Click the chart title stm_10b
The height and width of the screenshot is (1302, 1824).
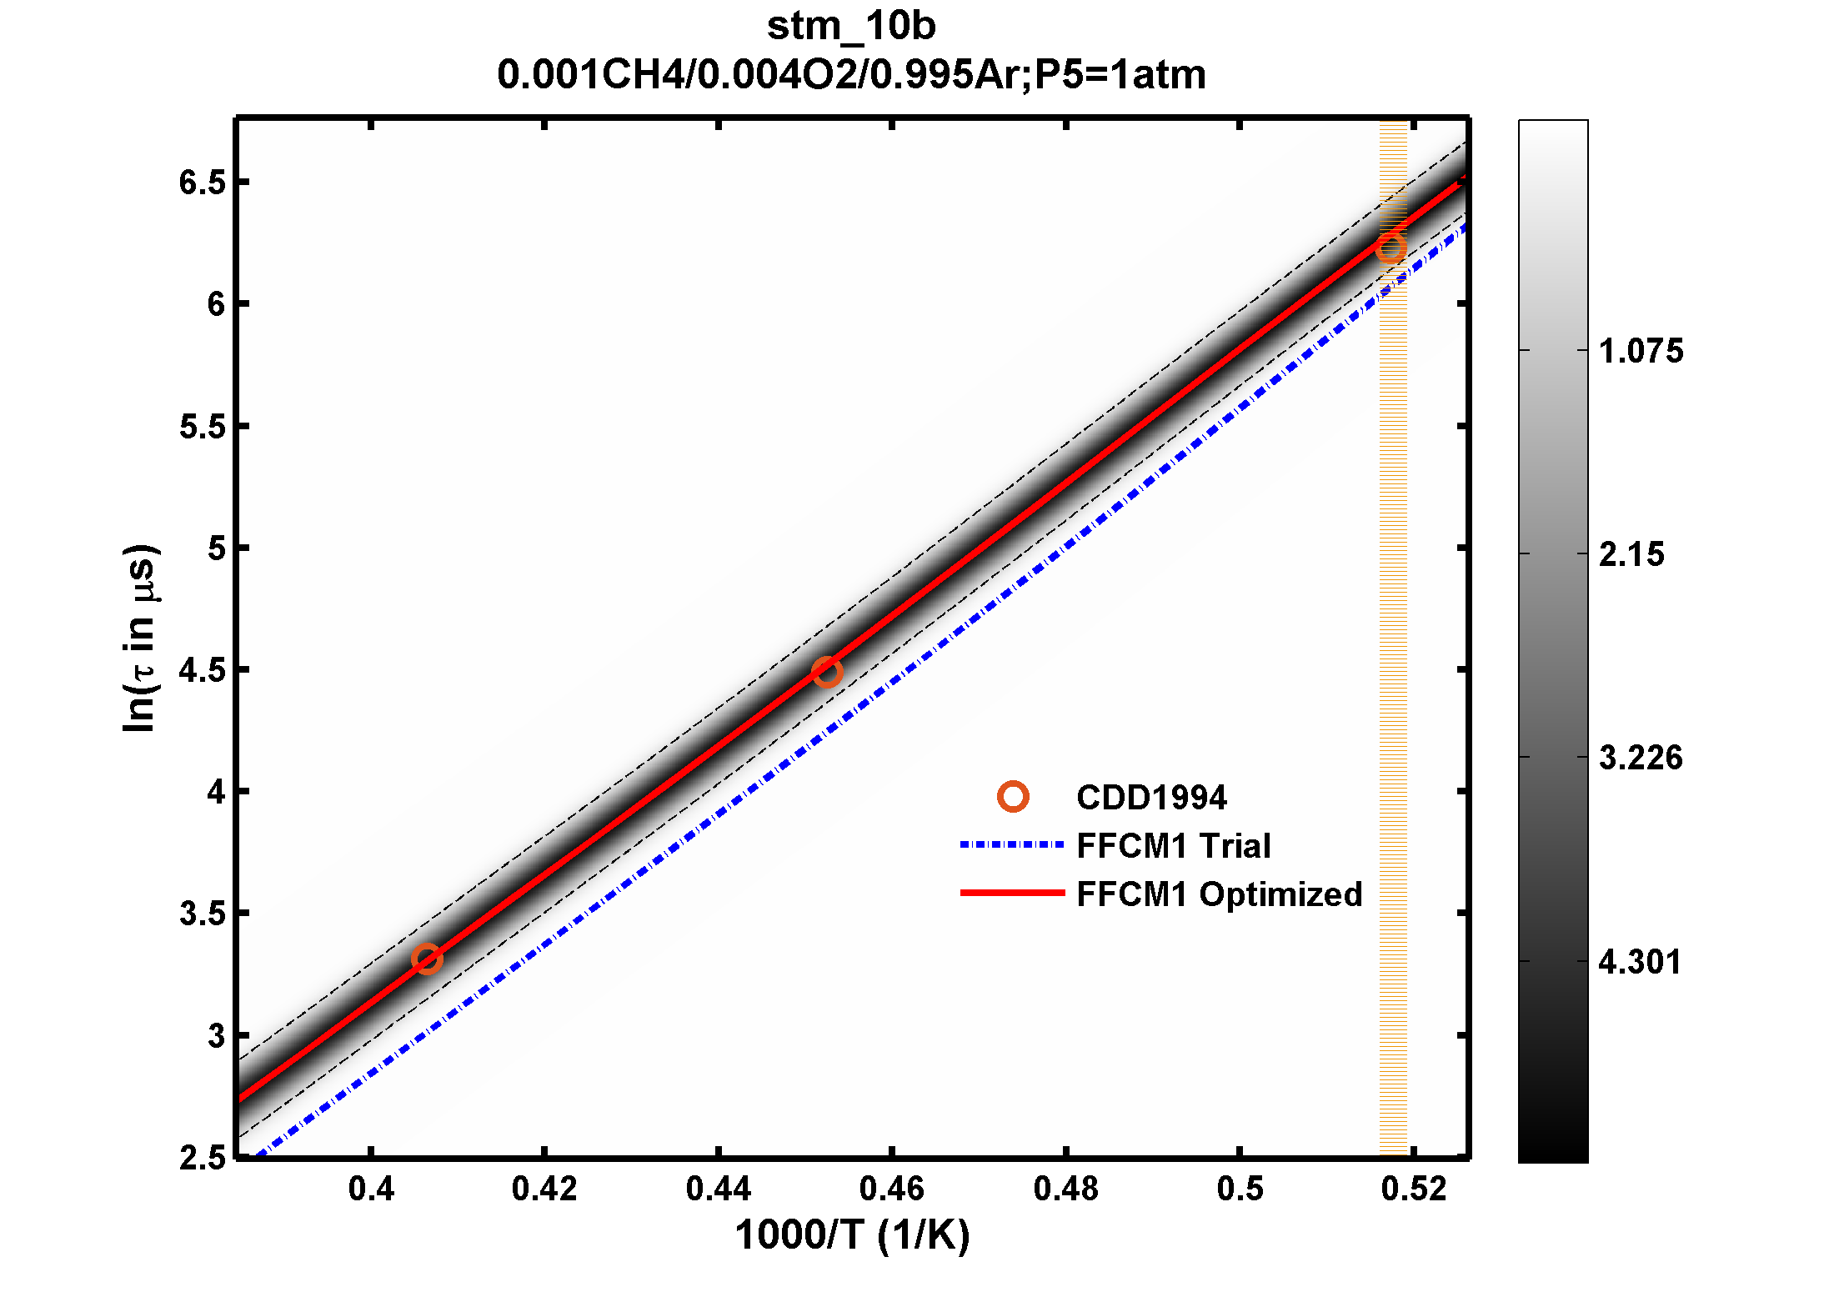click(x=851, y=26)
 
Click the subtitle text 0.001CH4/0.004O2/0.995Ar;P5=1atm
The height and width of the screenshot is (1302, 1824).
click(x=851, y=75)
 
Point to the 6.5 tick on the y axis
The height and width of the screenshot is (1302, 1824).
click(x=203, y=183)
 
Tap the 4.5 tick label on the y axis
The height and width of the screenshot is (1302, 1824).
click(x=203, y=670)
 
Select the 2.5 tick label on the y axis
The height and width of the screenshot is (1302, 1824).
click(x=203, y=1158)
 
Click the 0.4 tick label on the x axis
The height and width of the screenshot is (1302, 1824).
click(x=371, y=1189)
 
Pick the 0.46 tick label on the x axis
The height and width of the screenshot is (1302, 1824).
click(x=892, y=1189)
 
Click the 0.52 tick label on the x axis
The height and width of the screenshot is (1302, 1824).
click(x=1414, y=1189)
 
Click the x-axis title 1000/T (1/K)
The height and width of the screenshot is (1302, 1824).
click(x=852, y=1235)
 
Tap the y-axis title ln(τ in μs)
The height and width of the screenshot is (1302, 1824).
click(x=139, y=638)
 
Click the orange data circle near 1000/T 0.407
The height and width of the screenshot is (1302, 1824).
click(x=427, y=959)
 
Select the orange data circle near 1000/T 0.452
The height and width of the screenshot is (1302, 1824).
click(x=826, y=672)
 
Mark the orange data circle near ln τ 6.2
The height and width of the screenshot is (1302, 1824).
click(x=1391, y=248)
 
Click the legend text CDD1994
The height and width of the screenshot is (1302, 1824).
click(x=1151, y=798)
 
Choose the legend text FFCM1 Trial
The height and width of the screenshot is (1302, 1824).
click(x=1173, y=846)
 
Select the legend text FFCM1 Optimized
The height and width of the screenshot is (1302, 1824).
click(x=1219, y=894)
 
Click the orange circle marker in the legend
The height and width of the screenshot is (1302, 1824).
click(x=1013, y=797)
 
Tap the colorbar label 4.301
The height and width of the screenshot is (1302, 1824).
click(x=1640, y=962)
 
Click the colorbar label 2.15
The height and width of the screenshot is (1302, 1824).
click(x=1631, y=554)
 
